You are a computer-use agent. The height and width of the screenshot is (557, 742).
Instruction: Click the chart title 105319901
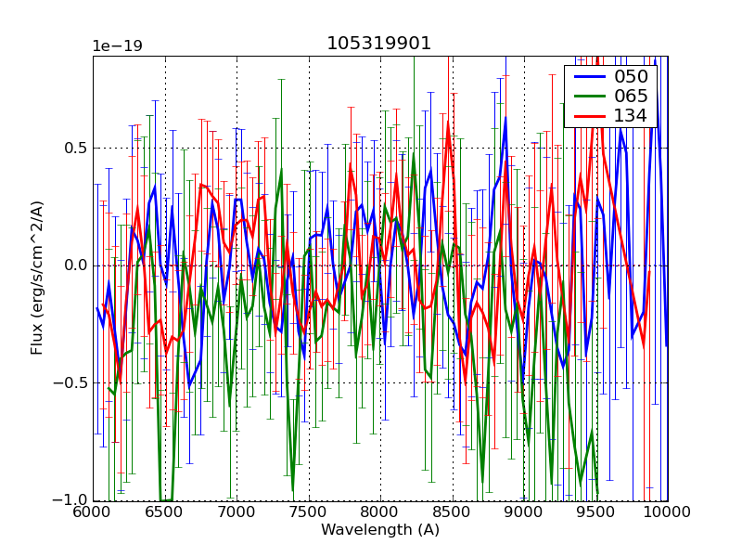[x=379, y=44]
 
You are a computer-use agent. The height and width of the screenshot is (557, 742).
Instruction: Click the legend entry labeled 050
[x=632, y=76]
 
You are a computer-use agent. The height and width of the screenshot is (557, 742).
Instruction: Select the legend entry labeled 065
[x=632, y=96]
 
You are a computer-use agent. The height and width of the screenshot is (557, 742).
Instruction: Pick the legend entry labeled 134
[x=632, y=115]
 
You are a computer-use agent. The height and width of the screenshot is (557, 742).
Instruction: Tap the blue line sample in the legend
[x=588, y=77]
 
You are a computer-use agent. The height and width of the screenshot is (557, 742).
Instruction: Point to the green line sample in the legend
[x=588, y=97]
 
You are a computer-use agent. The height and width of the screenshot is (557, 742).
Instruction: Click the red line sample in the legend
[x=588, y=116]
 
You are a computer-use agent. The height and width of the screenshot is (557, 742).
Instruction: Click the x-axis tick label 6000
[x=93, y=512]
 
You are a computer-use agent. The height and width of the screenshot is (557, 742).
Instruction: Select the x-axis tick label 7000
[x=237, y=512]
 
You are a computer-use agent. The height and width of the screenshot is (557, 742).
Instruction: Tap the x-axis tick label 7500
[x=309, y=512]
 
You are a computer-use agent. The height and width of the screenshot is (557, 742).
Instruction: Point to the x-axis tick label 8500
[x=453, y=512]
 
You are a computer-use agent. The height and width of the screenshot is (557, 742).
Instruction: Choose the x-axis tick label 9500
[x=596, y=512]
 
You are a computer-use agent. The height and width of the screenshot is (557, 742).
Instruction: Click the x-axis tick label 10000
[x=666, y=512]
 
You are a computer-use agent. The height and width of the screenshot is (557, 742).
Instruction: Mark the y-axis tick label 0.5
[x=75, y=148]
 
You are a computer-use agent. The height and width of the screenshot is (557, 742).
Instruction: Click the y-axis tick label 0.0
[x=75, y=266]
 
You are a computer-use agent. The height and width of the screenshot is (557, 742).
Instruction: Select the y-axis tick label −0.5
[x=71, y=382]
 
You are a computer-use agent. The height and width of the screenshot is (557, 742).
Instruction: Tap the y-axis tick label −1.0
[x=71, y=499]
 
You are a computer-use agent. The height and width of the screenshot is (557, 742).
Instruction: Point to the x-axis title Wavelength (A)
[x=380, y=530]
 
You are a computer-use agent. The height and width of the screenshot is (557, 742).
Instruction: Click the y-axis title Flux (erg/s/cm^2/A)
[x=38, y=278]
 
